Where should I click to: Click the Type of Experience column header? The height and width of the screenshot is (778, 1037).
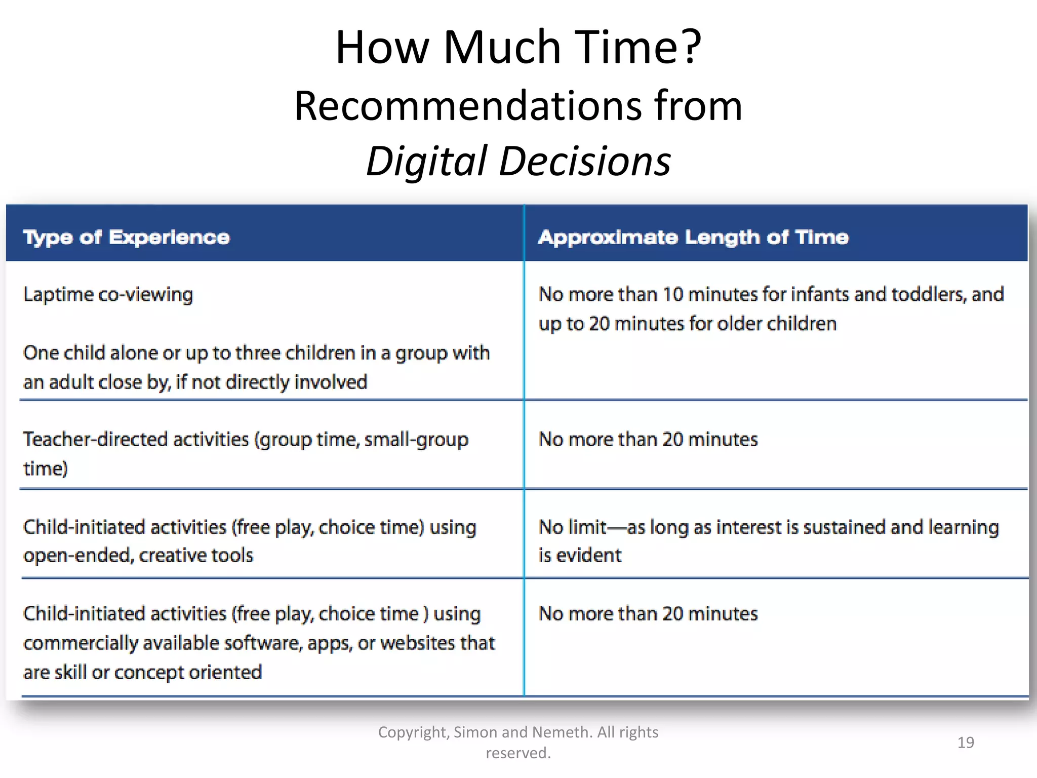click(x=127, y=237)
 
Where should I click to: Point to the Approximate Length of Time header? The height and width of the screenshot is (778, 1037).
click(x=693, y=237)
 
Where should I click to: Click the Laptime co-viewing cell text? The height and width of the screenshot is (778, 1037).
click(x=108, y=294)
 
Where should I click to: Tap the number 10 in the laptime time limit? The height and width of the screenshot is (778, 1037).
click(x=673, y=294)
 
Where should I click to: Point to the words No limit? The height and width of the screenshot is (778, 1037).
click(x=572, y=527)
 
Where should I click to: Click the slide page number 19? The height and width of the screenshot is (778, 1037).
click(x=966, y=743)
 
